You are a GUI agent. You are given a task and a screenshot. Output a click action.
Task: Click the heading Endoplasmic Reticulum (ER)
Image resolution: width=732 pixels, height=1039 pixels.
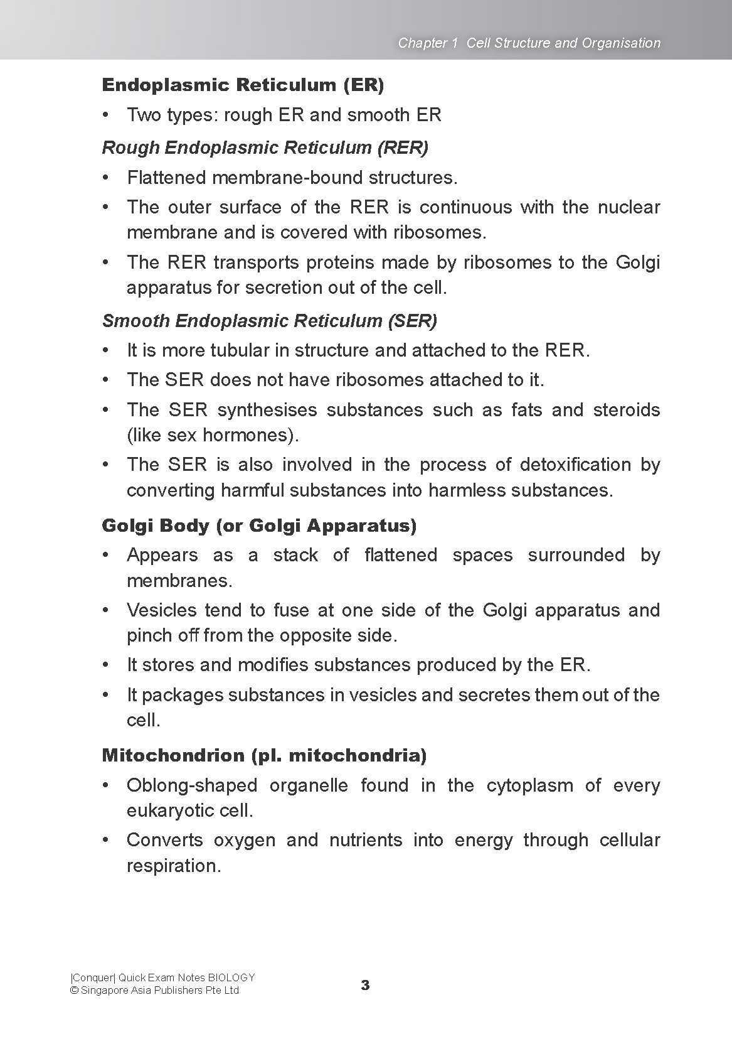pyautogui.click(x=243, y=85)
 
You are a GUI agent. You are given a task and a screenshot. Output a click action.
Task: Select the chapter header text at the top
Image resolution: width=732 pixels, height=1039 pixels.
pyautogui.click(x=529, y=43)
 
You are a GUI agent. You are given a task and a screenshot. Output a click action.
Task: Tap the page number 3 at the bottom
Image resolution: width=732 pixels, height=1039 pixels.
pyautogui.click(x=366, y=985)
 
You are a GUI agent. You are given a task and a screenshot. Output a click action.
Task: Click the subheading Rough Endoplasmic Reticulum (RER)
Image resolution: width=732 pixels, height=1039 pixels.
pyautogui.click(x=265, y=148)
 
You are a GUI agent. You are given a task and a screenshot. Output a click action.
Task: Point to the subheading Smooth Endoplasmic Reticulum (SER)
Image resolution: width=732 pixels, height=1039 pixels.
pyautogui.click(x=269, y=321)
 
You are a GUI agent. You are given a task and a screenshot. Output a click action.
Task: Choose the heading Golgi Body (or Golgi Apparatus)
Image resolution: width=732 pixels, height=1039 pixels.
pyautogui.click(x=259, y=525)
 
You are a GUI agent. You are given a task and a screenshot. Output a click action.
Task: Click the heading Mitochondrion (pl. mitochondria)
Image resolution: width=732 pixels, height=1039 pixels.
pyautogui.click(x=264, y=755)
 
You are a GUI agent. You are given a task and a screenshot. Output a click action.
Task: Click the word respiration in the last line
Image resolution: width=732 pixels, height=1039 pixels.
pyautogui.click(x=173, y=866)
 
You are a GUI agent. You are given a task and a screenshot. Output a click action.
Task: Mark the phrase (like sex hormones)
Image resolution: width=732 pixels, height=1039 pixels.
pyautogui.click(x=213, y=435)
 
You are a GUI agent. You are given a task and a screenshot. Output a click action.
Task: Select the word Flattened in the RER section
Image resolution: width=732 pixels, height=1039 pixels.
pyautogui.click(x=167, y=178)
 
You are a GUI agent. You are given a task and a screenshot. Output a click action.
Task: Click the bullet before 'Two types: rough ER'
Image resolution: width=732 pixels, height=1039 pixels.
pyautogui.click(x=107, y=115)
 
